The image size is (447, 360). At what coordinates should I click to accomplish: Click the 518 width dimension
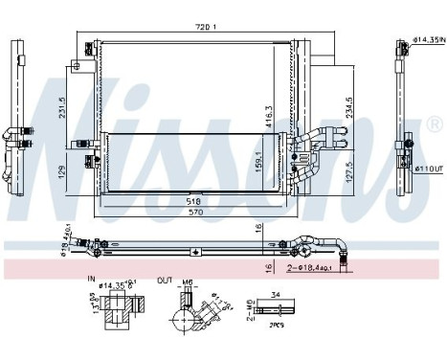point(194,202)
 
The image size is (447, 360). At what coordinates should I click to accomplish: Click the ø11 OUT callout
point(426,169)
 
